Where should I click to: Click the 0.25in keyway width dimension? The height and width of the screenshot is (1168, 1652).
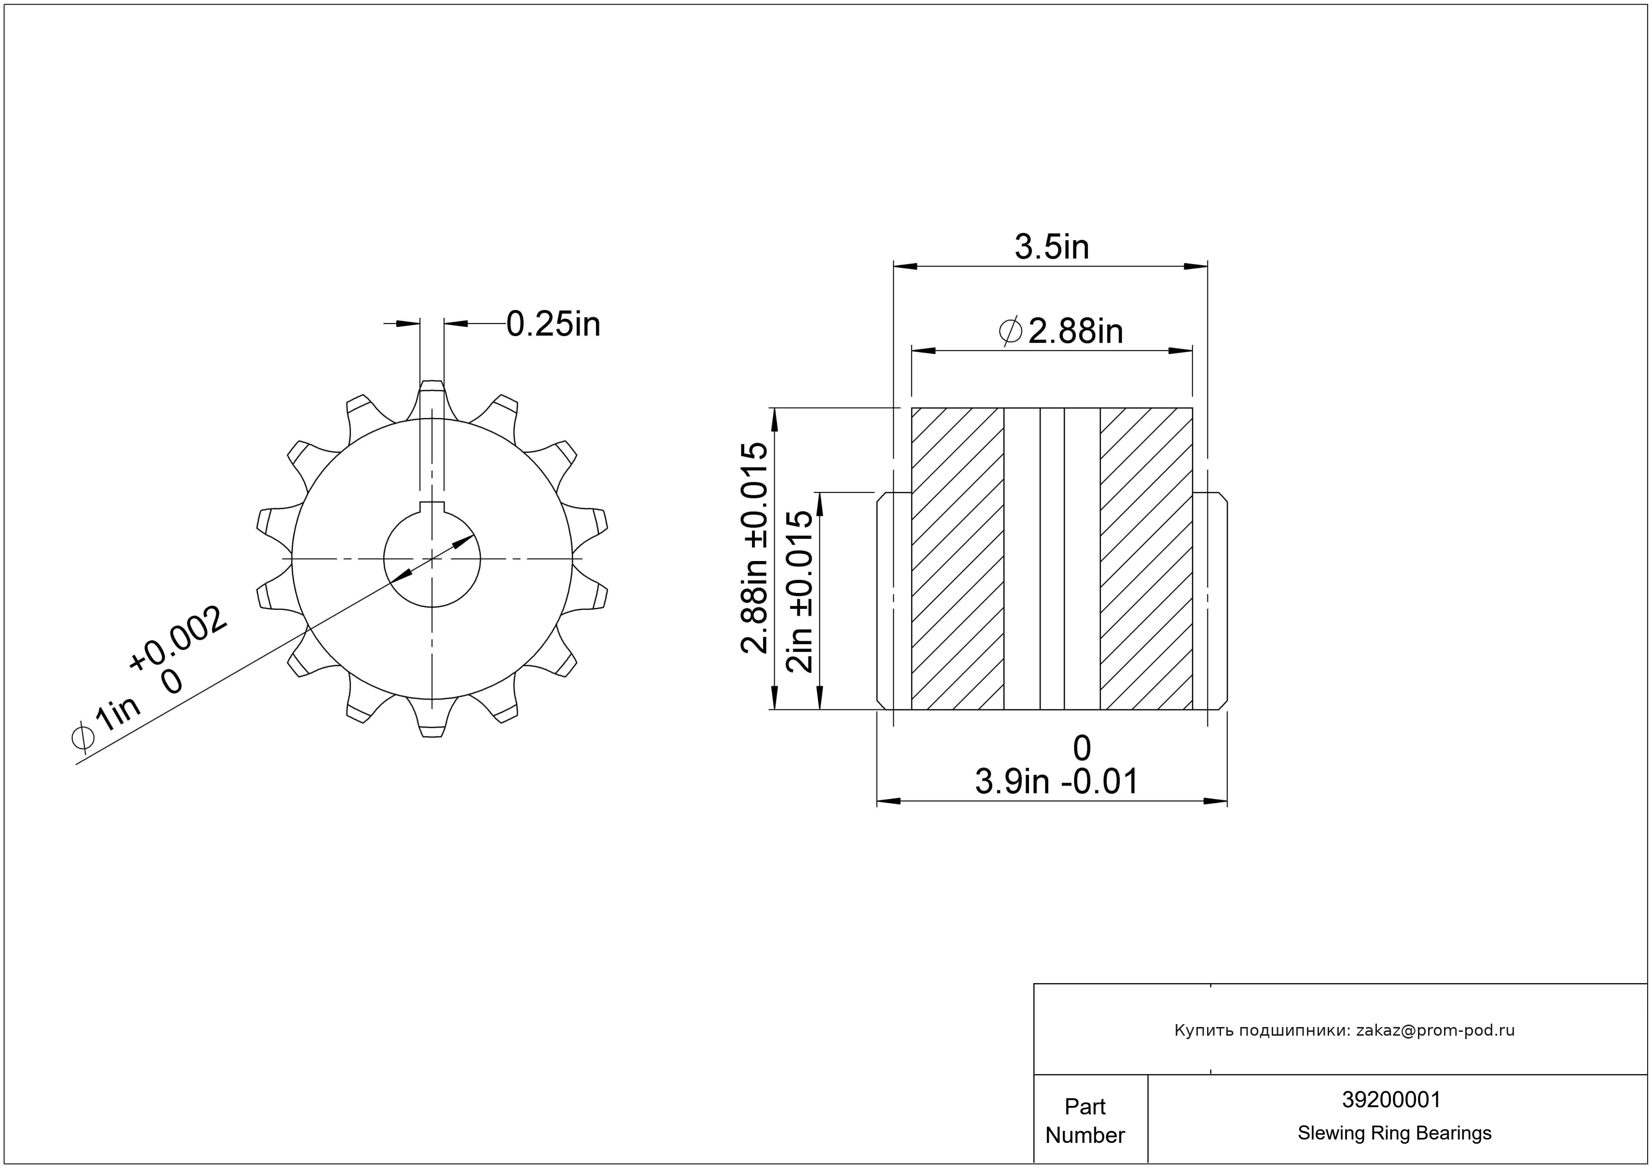point(553,324)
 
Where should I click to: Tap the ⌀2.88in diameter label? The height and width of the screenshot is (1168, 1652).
point(1061,331)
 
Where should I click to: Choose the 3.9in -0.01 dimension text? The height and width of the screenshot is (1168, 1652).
point(1056,782)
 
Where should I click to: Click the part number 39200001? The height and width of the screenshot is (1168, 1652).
point(1391,1099)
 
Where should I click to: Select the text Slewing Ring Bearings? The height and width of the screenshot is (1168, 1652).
point(1394,1133)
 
